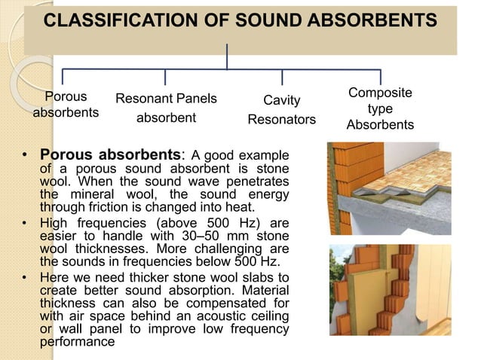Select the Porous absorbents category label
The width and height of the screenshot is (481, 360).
(x=66, y=105)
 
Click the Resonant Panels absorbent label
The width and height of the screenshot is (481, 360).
(x=166, y=108)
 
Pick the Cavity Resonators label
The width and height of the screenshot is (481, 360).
(x=282, y=110)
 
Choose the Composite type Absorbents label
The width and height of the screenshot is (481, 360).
(x=380, y=108)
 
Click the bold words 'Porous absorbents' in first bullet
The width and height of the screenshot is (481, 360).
(x=111, y=157)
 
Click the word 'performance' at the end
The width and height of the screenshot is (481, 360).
(x=77, y=341)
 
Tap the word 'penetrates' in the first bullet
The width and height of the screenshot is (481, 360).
(x=259, y=182)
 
